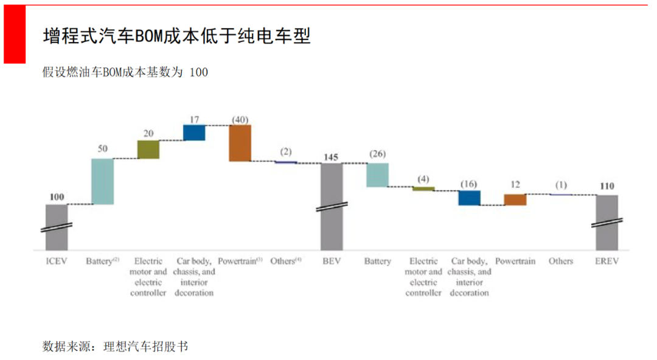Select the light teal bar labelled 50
(x=102, y=181)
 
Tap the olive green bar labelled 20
(x=148, y=150)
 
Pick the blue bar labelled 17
(x=194, y=133)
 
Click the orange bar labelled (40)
(x=240, y=143)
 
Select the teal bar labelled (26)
(x=377, y=175)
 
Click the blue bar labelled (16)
(x=469, y=198)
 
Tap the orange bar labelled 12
(x=515, y=199)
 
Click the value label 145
(x=332, y=157)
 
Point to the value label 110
(x=607, y=187)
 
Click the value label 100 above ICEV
(x=57, y=197)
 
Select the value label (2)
(x=285, y=151)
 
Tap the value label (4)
(x=423, y=179)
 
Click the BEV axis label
(x=332, y=261)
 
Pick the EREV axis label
(x=607, y=261)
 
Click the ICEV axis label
(x=57, y=261)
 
